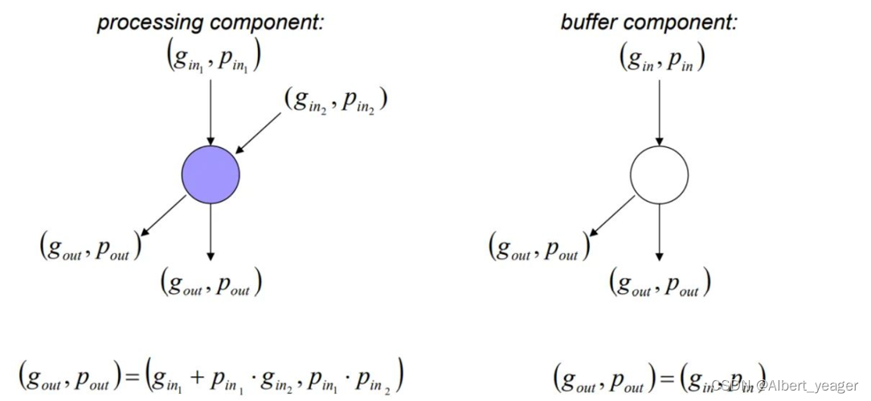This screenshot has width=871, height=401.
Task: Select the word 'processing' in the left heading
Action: [x=143, y=22]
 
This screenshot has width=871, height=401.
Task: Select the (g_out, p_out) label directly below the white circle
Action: [x=660, y=284]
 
